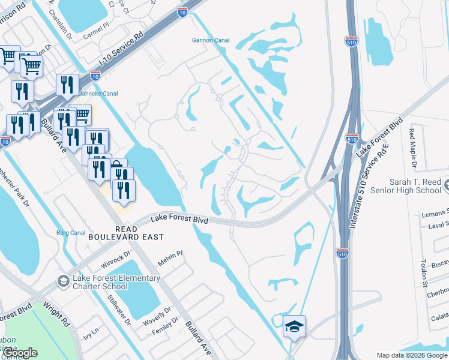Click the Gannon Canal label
tap(208, 41)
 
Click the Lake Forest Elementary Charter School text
tap(116, 282)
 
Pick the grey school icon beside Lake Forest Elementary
tap(62, 281)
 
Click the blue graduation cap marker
tap(294, 327)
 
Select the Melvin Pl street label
tap(170, 260)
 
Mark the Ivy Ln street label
tap(91, 333)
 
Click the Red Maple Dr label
tap(413, 147)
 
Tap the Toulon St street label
tap(424, 272)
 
